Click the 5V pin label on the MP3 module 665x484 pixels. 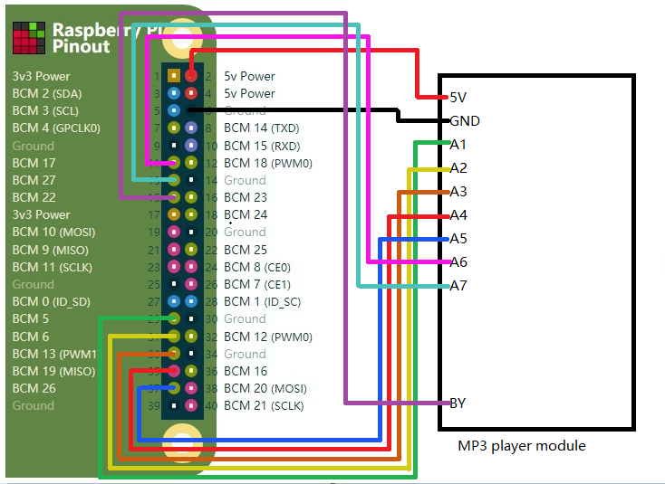[458, 97]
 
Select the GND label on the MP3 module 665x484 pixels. [464, 120]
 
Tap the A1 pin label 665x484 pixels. [458, 144]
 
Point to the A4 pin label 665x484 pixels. [458, 215]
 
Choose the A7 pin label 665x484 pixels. [458, 286]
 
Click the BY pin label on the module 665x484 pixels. [458, 403]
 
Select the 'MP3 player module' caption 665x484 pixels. [522, 445]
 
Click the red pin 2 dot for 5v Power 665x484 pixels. [191, 76]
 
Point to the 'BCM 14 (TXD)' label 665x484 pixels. [262, 128]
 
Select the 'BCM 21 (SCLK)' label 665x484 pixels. [264, 405]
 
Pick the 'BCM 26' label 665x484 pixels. [34, 388]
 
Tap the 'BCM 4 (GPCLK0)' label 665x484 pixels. [56, 128]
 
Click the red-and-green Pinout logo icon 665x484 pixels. [28, 37]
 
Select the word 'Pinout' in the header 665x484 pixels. [81, 46]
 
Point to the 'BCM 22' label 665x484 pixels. [34, 197]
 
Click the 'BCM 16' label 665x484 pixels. [246, 371]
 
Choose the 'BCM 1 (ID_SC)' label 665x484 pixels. [262, 301]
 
